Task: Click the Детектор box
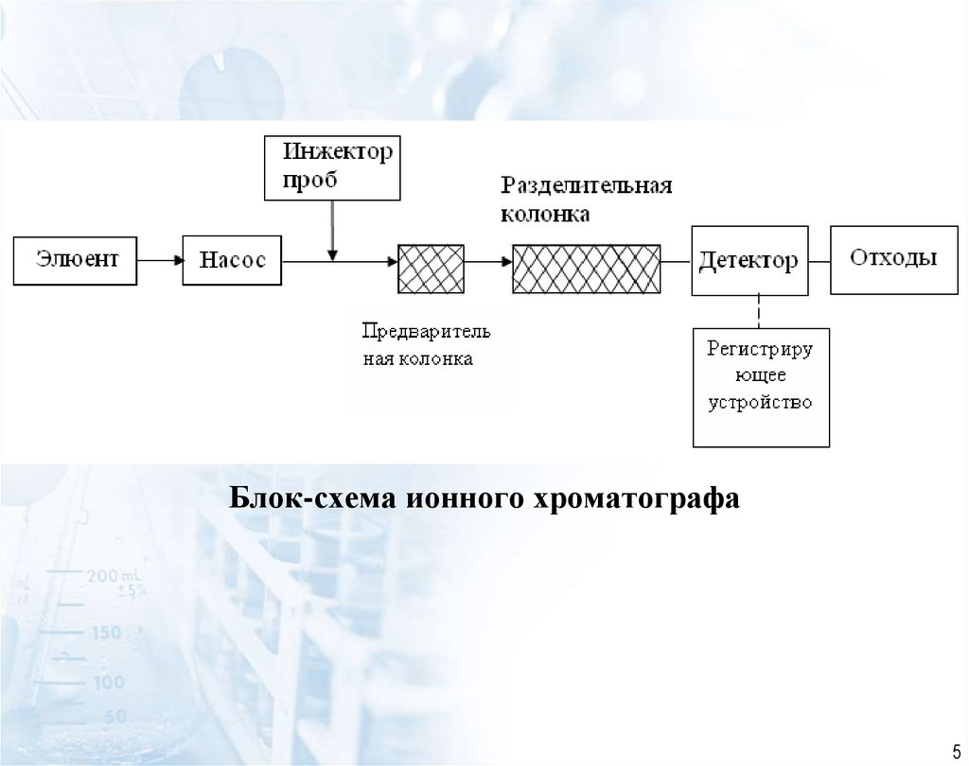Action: click(x=749, y=260)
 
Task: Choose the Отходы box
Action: click(x=892, y=259)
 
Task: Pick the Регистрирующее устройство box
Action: click(x=761, y=387)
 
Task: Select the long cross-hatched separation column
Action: click(x=588, y=269)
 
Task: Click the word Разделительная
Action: click(x=587, y=184)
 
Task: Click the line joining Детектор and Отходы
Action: click(x=819, y=260)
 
